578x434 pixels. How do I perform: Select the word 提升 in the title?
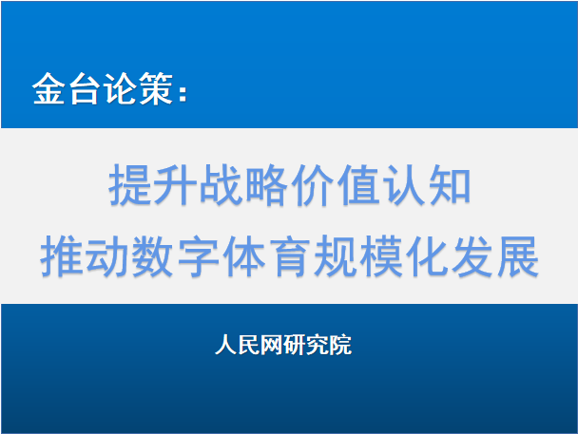(x=152, y=184)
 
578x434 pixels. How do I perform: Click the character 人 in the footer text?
(x=226, y=345)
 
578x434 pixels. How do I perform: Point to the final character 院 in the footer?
(x=340, y=345)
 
